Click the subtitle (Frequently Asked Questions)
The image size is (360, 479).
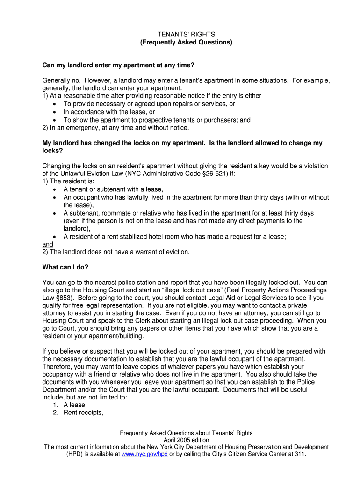pos(186,42)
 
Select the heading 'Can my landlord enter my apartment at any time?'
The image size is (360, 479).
pos(118,65)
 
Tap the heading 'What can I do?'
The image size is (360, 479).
pos(65,267)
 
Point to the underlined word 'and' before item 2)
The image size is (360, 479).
pos(48,244)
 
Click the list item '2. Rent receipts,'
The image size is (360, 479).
pos(78,413)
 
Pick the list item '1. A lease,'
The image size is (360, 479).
pos(70,405)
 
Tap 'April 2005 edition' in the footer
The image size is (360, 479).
pos(186,440)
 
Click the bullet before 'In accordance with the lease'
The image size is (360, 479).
pos(55,112)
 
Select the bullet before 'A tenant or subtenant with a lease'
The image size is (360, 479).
pos(55,189)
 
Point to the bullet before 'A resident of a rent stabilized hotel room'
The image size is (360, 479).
pos(55,237)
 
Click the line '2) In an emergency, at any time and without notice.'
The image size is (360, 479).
pos(115,128)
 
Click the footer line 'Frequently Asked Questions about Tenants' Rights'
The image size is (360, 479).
pos(186,433)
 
